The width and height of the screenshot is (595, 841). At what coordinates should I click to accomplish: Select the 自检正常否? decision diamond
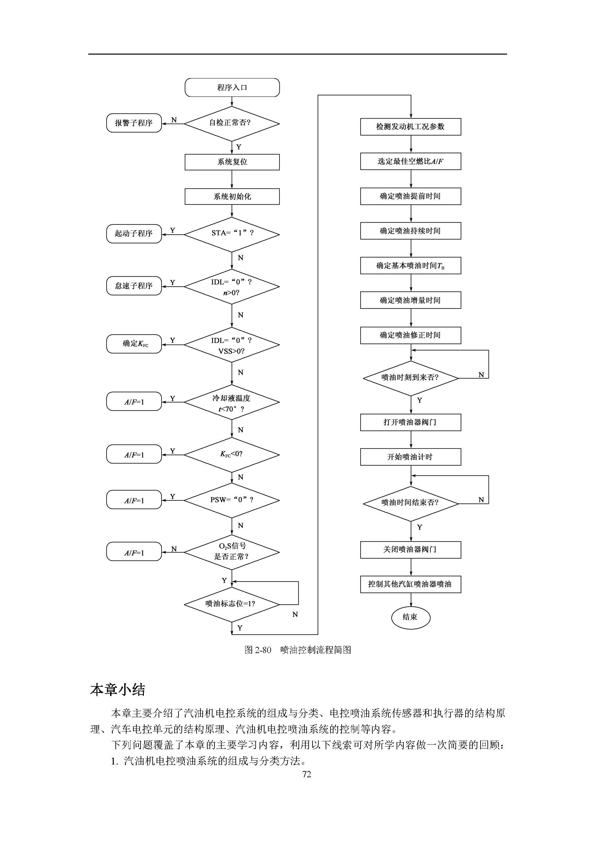[231, 124]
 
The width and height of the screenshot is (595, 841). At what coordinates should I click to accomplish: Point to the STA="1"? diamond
[231, 234]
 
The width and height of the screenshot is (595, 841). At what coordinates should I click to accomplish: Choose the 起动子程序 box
[134, 234]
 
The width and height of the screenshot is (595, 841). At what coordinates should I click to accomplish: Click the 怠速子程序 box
[134, 286]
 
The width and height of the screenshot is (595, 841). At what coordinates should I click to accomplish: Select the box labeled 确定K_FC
[134, 344]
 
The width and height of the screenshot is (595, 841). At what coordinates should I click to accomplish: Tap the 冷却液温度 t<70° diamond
[231, 402]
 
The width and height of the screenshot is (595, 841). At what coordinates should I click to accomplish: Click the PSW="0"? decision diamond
[231, 500]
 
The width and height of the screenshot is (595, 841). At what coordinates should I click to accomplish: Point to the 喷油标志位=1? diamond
[231, 604]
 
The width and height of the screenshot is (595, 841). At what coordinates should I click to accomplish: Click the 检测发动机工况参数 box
[410, 127]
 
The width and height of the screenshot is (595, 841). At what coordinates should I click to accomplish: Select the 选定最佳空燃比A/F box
[410, 161]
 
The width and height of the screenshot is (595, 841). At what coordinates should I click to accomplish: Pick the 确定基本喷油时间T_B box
[410, 266]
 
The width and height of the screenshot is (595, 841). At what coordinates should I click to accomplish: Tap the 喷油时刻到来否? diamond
[410, 378]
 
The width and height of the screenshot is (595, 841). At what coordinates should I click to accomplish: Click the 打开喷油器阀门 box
[410, 422]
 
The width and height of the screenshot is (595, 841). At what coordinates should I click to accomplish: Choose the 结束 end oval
[410, 617]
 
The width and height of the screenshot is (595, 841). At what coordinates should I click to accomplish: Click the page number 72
[307, 774]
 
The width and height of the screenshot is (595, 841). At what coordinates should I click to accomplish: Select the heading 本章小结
[118, 690]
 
